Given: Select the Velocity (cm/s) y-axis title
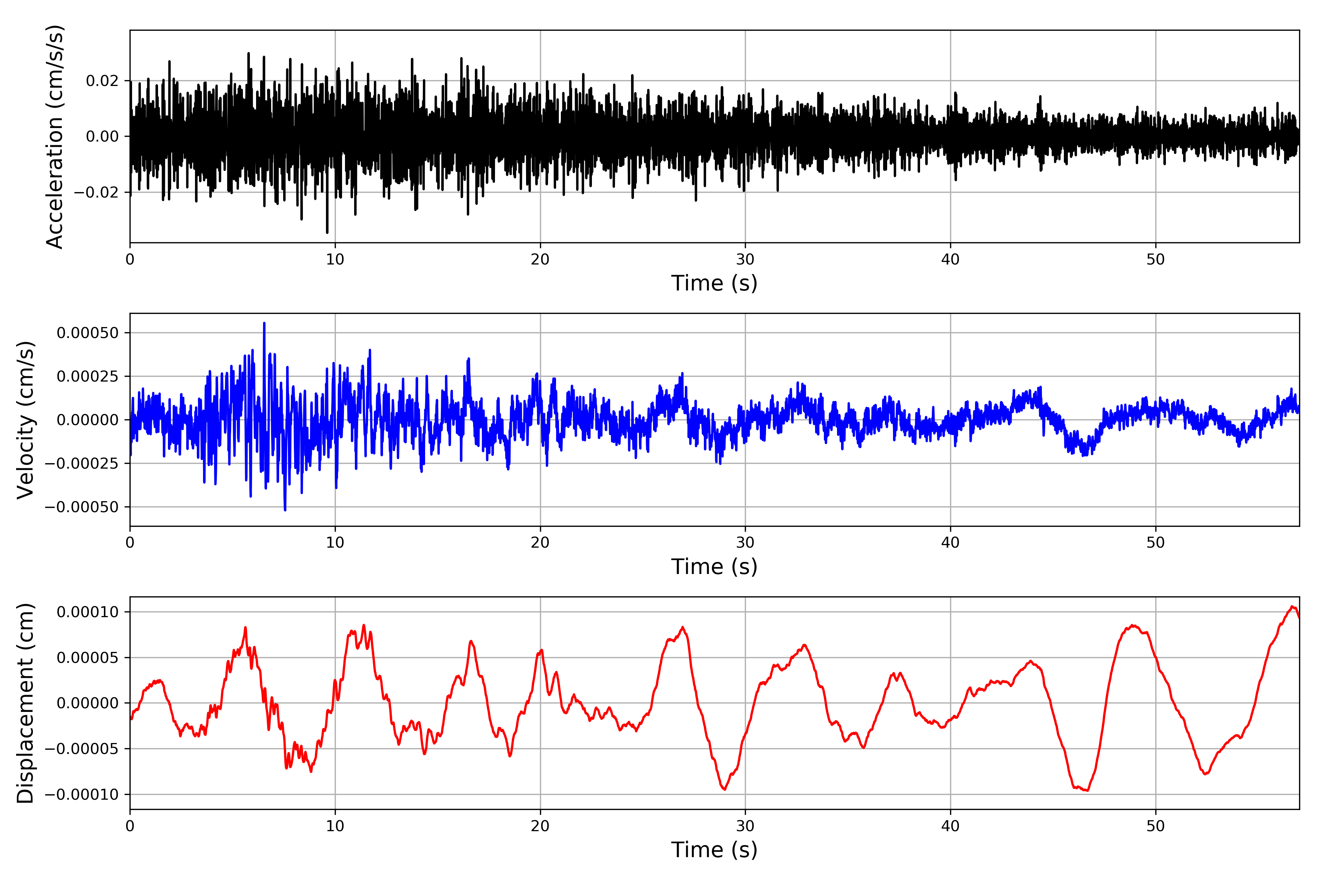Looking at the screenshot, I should coord(25,420).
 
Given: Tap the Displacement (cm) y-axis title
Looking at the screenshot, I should coord(25,703).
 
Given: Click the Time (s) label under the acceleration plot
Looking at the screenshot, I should coord(714,283).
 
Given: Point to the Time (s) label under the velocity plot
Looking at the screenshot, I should coord(714,567).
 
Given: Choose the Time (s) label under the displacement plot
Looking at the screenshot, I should coord(714,850).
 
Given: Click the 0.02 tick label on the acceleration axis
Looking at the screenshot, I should coord(102,81).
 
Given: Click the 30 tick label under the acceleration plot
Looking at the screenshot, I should coord(745,260).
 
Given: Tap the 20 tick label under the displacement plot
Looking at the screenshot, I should coord(540,826).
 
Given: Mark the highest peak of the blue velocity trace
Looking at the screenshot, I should coord(264,323).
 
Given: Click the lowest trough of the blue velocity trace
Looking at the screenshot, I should coord(285,510).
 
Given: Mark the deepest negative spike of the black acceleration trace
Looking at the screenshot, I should coord(327,232).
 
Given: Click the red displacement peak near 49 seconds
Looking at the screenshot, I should coord(1133,626).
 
